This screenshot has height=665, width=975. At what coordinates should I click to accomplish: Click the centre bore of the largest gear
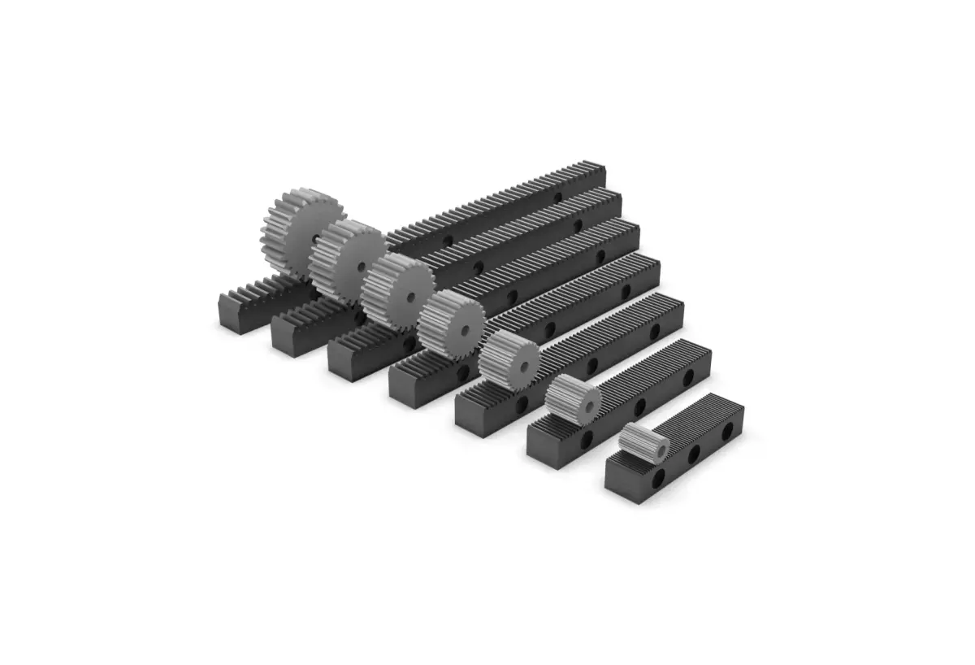[316, 238]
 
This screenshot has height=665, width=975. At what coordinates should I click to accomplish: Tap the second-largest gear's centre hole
[361, 266]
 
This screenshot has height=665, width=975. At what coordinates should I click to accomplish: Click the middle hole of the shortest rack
[694, 455]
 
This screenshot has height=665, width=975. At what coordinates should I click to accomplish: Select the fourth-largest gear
[452, 324]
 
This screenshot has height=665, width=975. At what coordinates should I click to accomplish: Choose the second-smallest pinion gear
[573, 399]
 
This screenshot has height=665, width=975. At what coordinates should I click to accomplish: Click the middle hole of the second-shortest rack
[639, 406]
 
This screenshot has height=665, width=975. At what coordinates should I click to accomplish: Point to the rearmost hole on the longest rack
[557, 198]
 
